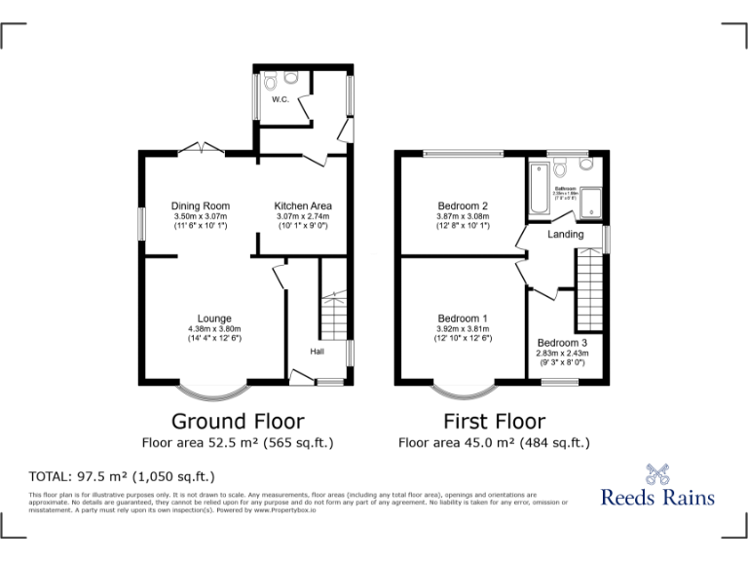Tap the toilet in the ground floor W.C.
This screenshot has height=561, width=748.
291,76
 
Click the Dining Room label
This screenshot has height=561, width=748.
201,206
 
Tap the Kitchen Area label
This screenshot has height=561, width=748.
303,206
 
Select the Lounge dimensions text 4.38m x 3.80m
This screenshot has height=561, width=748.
214,328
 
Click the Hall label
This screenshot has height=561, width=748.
318,351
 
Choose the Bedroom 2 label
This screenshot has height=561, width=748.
463,206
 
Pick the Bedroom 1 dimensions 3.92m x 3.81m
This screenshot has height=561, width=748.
463,328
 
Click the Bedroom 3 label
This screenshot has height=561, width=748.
562,343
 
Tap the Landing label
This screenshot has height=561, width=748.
566,234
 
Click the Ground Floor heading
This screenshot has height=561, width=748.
238,422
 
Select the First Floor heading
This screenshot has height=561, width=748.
494,422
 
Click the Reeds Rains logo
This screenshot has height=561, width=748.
656,488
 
